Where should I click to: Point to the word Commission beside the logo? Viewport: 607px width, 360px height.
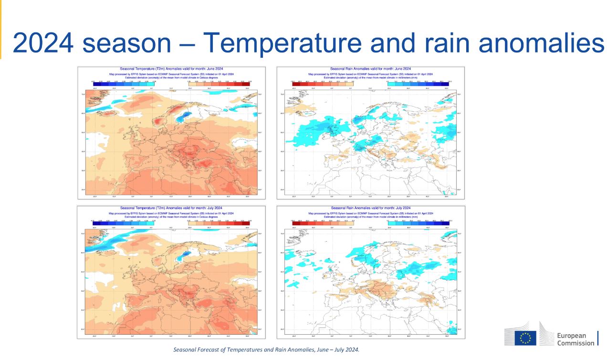576,343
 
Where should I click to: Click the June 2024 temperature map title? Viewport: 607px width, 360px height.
171,69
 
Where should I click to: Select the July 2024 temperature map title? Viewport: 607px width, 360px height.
171,208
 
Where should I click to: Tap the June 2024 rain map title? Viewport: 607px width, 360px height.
370,69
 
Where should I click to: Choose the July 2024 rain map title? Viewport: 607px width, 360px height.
370,208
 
